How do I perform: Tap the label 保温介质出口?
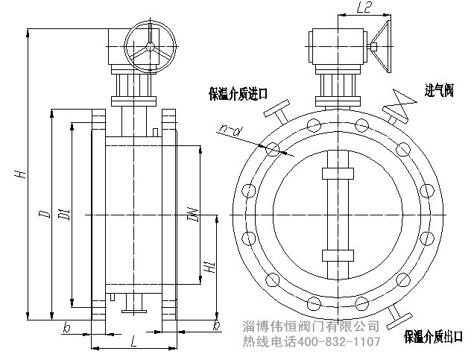point(433,337)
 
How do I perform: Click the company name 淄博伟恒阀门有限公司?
point(312,326)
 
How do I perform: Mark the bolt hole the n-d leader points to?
point(273,149)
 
